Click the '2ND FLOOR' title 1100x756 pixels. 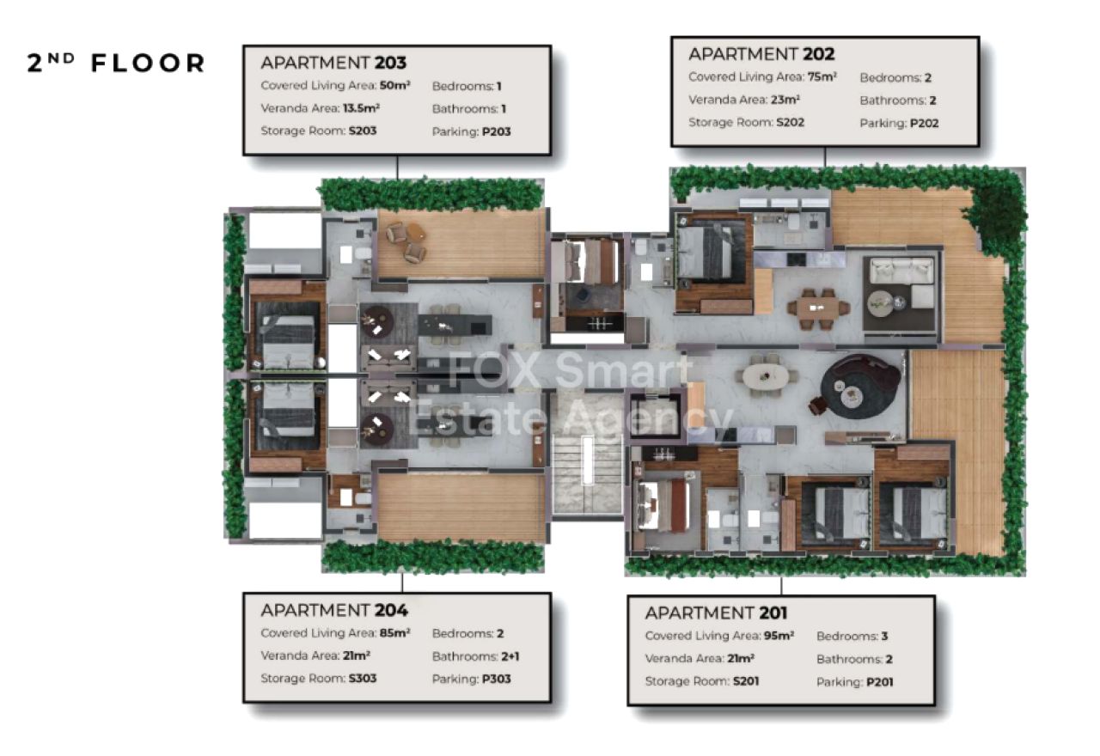tap(115, 63)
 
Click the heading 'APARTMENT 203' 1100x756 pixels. tap(334, 63)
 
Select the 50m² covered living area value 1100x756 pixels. tap(394, 85)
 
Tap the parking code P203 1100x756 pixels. tap(496, 131)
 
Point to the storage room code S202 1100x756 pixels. tap(790, 122)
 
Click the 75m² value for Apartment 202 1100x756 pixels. tap(822, 76)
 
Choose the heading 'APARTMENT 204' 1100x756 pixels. tap(334, 610)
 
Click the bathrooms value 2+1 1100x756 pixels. tap(510, 655)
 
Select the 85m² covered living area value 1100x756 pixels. tap(394, 633)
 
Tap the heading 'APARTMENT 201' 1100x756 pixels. tap(717, 613)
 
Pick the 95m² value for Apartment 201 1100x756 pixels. tap(779, 635)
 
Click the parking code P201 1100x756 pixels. tap(879, 682)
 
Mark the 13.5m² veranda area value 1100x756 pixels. tap(361, 108)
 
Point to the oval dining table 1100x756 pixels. tap(765, 376)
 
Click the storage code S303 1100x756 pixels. tap(363, 679)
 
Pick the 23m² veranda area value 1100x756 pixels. tap(785, 100)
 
